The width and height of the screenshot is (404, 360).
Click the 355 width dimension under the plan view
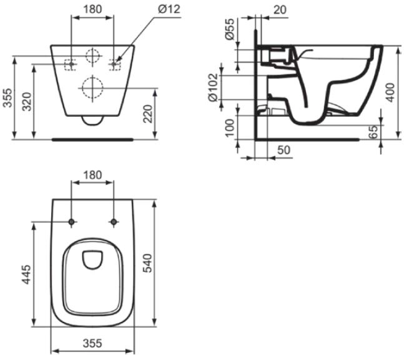click(92, 344)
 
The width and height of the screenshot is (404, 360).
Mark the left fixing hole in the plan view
click(72, 222)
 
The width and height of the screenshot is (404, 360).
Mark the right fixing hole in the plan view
click(114, 222)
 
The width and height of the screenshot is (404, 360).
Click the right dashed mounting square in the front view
click(115, 63)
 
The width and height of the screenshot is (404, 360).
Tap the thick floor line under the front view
click(92, 139)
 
